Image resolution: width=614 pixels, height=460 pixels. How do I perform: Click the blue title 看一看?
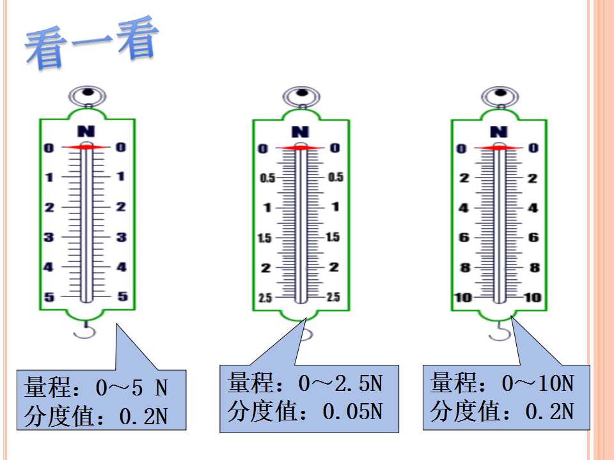(92, 42)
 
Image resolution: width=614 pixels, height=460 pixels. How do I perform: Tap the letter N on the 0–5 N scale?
(86, 131)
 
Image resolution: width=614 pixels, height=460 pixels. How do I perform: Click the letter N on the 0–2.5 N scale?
(301, 132)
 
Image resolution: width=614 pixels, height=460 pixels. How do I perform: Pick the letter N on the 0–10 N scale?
(499, 132)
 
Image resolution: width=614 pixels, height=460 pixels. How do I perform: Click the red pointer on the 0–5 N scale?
(86, 147)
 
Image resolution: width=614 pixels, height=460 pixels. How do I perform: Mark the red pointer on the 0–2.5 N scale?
(301, 148)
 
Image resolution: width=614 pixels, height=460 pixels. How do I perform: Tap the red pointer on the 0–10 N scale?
(499, 148)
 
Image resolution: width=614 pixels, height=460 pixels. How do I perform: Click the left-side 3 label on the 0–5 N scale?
(49, 237)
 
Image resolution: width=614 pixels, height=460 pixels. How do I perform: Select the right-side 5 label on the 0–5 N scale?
(123, 296)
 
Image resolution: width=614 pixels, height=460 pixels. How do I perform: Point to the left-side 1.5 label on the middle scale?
(265, 238)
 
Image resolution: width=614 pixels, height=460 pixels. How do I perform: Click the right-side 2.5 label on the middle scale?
(333, 297)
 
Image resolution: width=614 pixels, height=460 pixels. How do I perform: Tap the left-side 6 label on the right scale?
(464, 237)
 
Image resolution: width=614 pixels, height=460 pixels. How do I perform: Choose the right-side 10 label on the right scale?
(533, 298)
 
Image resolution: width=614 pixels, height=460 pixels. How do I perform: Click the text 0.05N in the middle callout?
(352, 411)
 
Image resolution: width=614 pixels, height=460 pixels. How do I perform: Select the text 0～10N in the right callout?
(538, 383)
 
